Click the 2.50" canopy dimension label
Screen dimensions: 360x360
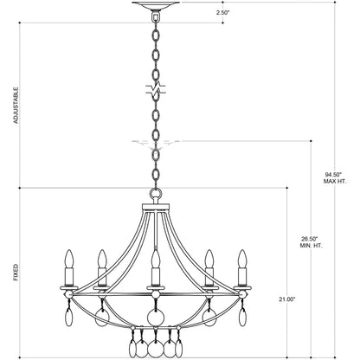(222, 13)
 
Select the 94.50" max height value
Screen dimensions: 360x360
(333, 175)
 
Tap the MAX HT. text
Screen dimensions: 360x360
(335, 182)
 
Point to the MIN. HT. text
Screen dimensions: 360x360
(311, 246)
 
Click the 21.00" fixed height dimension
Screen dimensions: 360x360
(287, 299)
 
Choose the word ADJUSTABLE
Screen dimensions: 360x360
(16, 106)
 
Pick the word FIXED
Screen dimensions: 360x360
(16, 273)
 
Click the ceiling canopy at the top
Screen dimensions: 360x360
(156, 5)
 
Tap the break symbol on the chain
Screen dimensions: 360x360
(156, 89)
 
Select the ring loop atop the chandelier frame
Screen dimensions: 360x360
(156, 193)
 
